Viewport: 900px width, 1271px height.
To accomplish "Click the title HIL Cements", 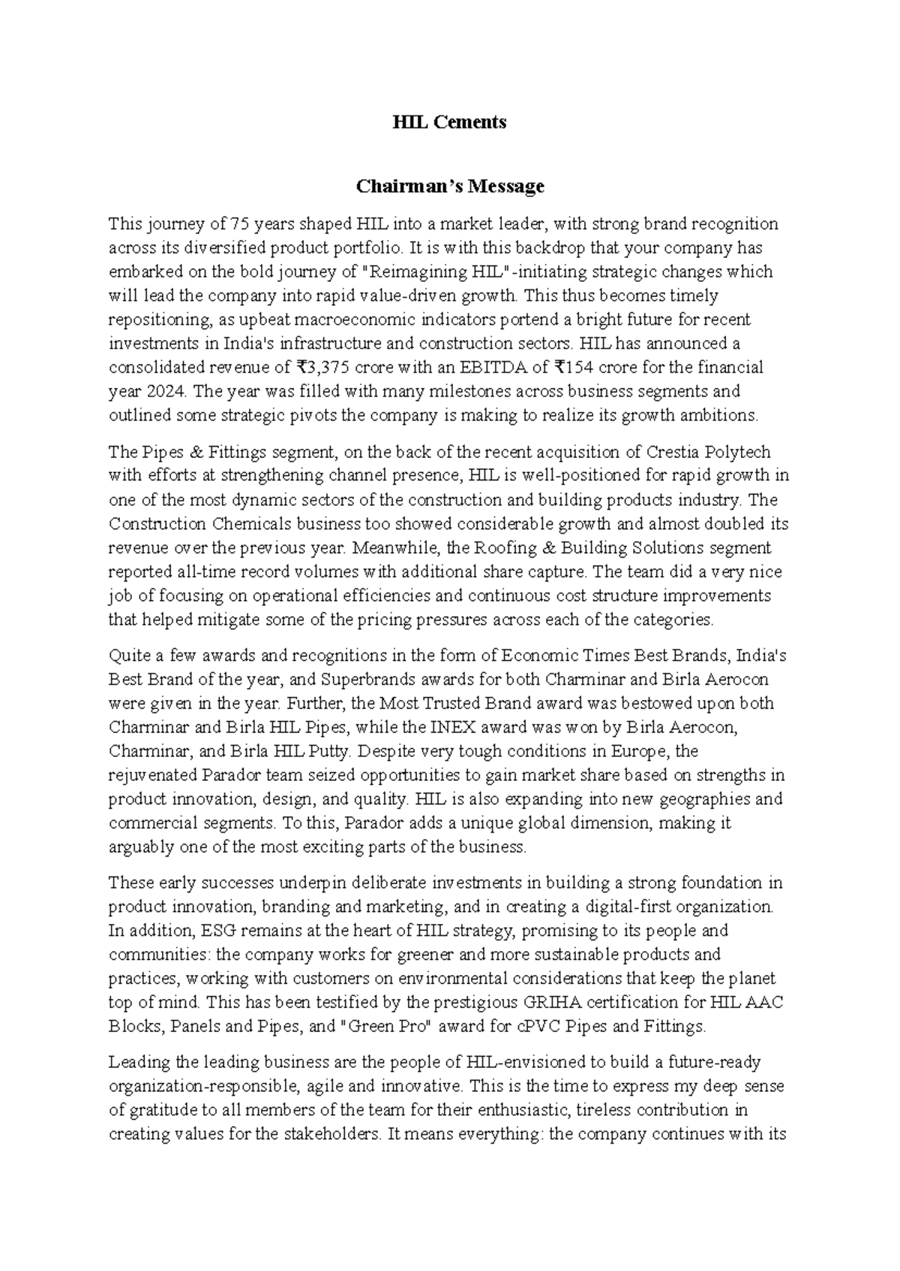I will (450, 122).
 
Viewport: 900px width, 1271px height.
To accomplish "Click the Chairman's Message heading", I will (450, 186).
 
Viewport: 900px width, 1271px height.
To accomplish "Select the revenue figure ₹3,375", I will (319, 368).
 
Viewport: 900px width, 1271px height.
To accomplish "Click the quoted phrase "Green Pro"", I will (387, 1027).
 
